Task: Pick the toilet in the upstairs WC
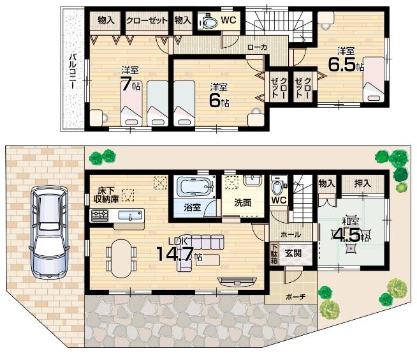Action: point(208,22)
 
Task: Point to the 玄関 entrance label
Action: point(293,252)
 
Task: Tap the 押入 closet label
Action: point(363,182)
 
